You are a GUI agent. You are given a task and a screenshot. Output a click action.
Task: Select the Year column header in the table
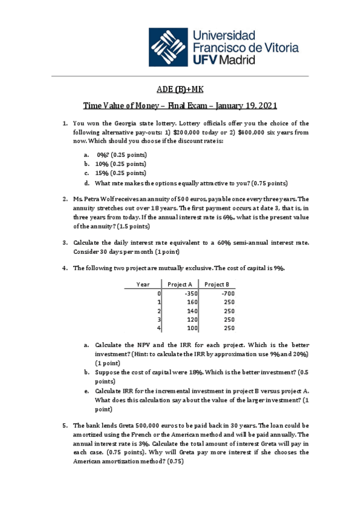tap(144, 284)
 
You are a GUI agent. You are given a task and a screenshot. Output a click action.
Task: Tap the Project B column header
tap(218, 284)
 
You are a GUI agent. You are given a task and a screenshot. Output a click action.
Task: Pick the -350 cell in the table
tap(192, 293)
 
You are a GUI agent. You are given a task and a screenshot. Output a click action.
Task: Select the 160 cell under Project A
tap(192, 302)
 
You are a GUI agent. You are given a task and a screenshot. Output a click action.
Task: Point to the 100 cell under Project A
tap(192, 328)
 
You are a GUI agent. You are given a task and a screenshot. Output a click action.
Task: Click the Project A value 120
tap(192, 319)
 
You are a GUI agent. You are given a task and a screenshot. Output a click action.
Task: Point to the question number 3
tap(65, 242)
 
